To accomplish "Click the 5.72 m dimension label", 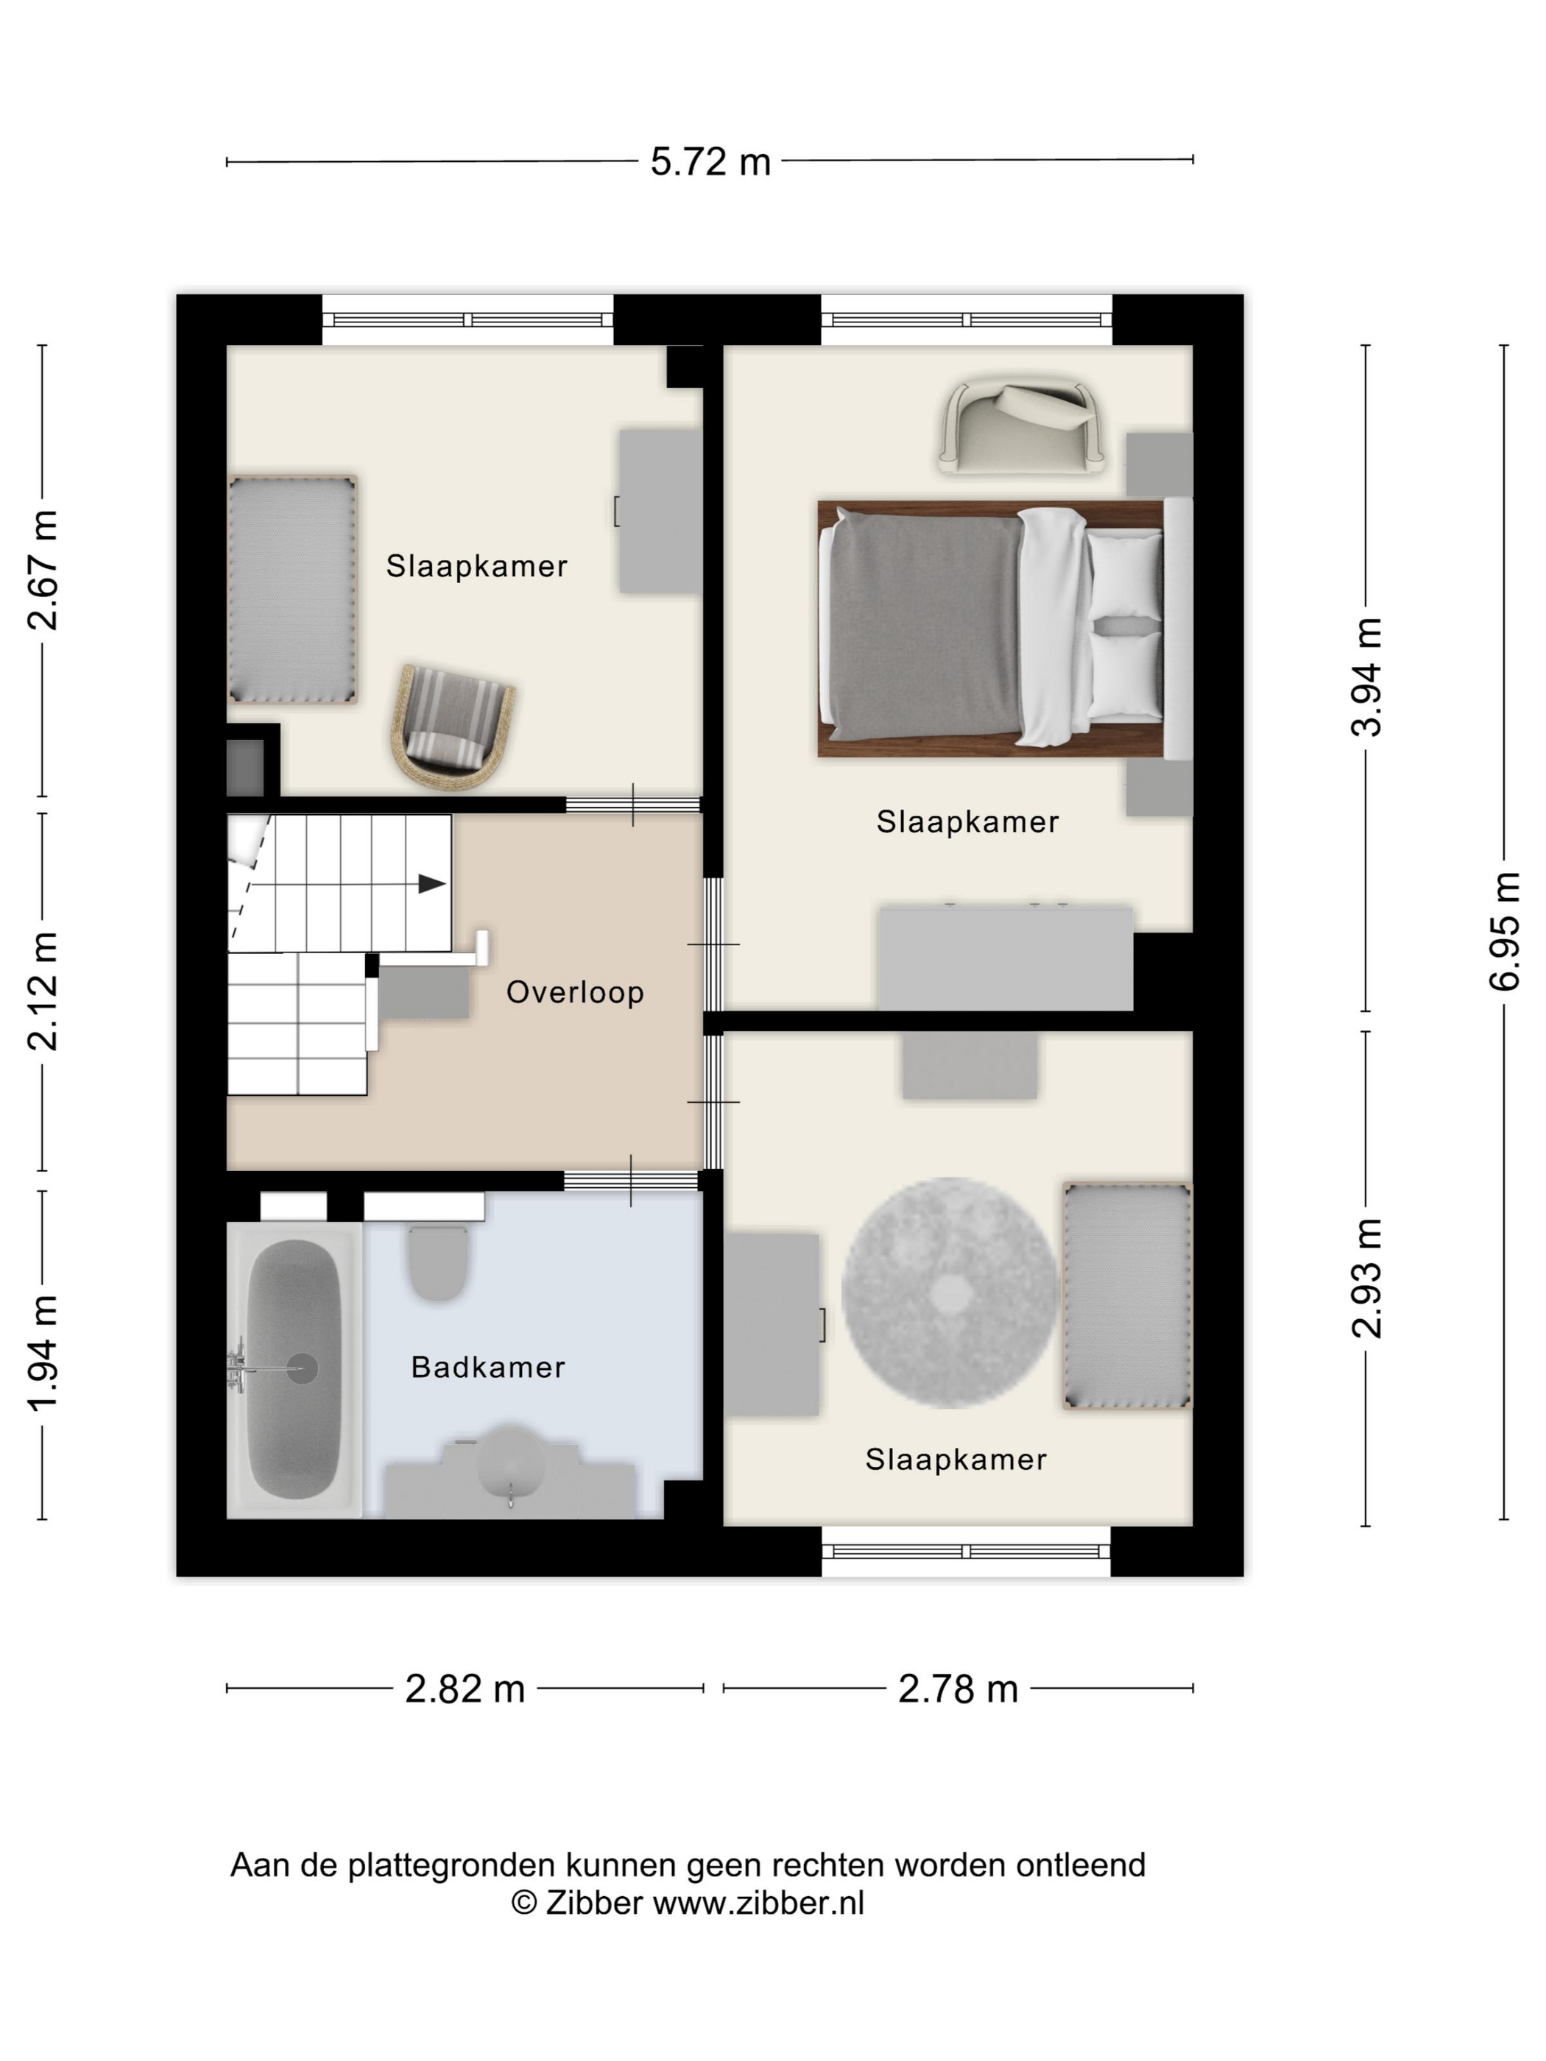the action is point(710,162).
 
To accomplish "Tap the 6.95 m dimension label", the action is point(1504,932).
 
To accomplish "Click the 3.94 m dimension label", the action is point(1366,677).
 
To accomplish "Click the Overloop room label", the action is point(575,992).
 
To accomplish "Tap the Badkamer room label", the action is point(488,1367).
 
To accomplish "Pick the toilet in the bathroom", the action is point(437,1262).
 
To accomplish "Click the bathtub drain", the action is point(302,1368).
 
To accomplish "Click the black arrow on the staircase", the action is point(431,883).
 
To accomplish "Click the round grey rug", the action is point(950,1293).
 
